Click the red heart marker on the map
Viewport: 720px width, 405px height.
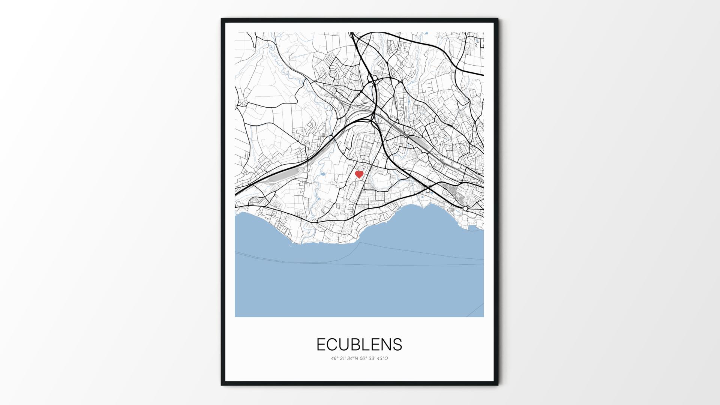pos(359,174)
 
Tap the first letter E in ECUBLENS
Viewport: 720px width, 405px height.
pos(321,345)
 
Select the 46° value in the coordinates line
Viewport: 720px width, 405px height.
pos(334,358)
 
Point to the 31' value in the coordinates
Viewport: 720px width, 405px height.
pos(343,358)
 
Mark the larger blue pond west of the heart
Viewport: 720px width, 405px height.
pos(322,174)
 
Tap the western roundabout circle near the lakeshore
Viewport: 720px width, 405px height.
pos(428,190)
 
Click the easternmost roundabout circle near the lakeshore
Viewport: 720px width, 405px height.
pos(465,208)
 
